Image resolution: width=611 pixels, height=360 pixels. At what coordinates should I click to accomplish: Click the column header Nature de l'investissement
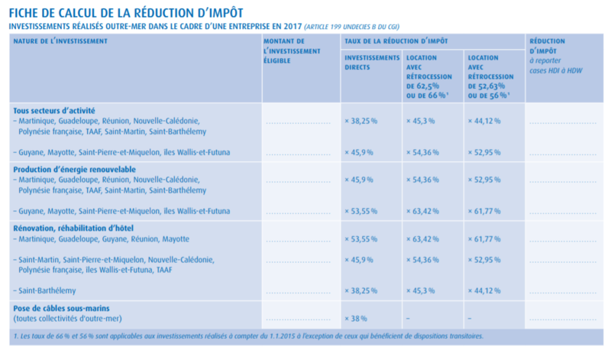60,40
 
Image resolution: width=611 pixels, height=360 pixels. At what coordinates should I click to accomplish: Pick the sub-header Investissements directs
372,62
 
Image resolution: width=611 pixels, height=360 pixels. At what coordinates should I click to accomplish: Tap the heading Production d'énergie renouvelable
75,168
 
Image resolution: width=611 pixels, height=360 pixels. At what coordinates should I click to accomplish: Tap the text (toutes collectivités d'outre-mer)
68,317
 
